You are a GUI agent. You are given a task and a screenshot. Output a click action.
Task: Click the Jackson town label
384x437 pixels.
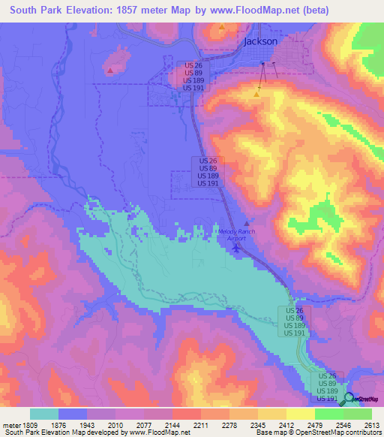260,41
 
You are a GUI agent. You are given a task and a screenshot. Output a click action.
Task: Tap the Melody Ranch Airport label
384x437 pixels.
237,235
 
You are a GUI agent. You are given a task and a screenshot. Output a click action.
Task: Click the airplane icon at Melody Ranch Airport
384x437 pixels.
238,248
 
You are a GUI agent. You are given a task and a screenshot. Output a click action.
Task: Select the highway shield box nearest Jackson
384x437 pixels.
192,77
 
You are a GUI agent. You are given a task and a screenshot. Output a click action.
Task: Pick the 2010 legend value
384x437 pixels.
116,425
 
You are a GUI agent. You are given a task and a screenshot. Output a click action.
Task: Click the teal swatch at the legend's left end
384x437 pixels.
44,414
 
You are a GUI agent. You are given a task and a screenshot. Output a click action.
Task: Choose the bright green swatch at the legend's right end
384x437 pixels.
358,414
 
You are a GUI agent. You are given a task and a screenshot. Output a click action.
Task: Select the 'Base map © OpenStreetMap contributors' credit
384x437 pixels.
317,432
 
